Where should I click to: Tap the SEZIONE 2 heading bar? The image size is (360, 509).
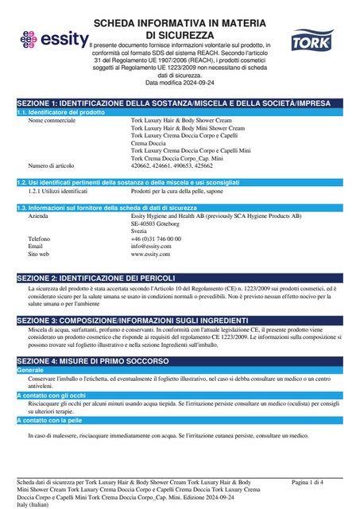coord(180,277)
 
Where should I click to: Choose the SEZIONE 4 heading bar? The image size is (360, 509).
coord(180,361)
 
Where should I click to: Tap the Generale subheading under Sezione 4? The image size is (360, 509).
coord(30,371)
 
